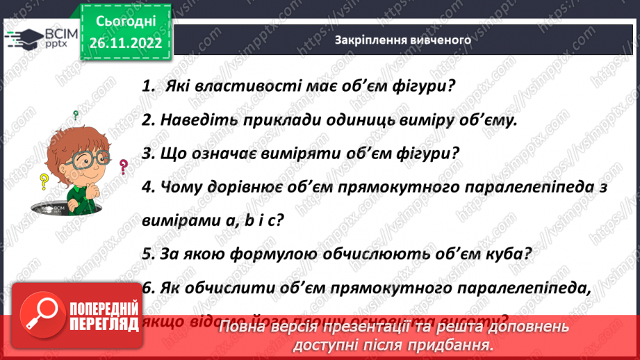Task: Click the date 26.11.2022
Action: point(124,42)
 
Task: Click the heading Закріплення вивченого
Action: point(402,40)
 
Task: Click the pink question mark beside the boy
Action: point(124,167)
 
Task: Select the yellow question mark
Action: point(43,182)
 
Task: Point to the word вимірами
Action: point(174,220)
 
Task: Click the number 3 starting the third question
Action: point(146,154)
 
